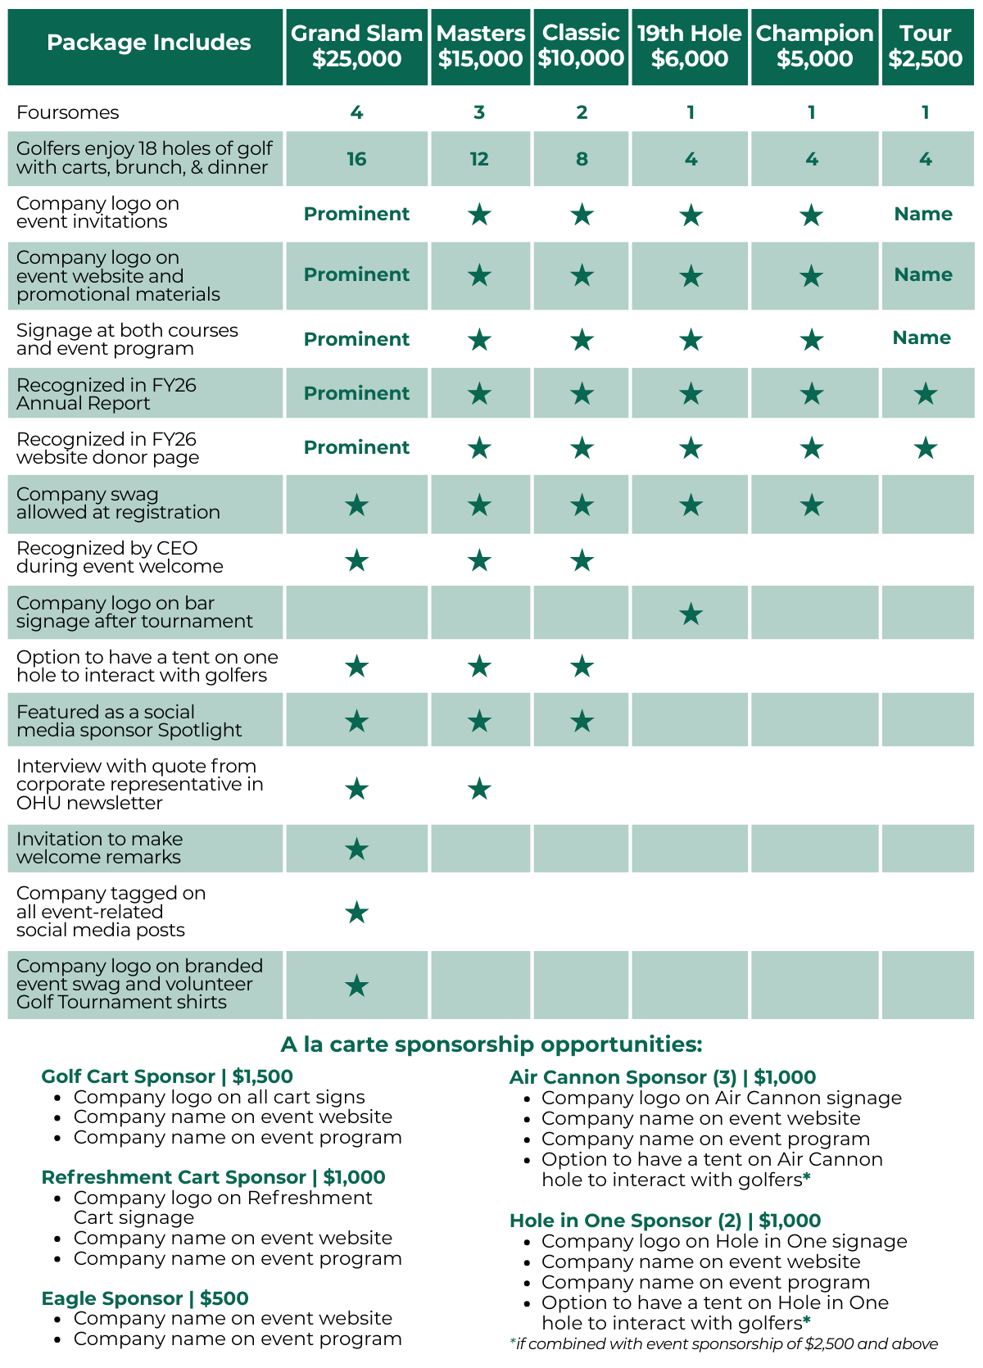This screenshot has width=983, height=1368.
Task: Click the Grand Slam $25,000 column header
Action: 356,46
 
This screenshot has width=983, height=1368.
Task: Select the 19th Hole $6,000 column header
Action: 690,46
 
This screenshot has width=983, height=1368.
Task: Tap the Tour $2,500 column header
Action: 926,46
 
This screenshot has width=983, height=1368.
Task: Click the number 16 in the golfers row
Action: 356,159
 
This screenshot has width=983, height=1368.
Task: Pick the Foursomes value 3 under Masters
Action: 479,112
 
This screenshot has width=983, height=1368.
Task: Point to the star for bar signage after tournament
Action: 691,614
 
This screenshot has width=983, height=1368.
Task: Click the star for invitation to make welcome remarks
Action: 356,849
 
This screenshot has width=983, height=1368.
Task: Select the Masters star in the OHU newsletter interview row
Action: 479,789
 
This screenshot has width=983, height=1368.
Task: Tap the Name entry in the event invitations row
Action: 923,214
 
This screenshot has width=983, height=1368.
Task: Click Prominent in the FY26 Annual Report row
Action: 356,393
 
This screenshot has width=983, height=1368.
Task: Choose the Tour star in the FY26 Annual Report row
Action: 926,394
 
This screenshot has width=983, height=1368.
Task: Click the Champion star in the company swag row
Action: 811,505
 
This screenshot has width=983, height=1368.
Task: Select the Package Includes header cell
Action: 148,43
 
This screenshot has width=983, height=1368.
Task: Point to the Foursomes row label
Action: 68,112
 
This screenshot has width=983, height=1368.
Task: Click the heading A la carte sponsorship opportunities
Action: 491,1044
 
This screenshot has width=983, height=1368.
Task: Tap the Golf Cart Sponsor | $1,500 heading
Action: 167,1076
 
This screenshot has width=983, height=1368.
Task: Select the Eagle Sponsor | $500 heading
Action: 145,1298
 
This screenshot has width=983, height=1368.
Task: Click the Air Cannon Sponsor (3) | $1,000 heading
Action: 663,1077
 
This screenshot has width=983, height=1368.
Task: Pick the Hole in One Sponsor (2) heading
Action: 665,1221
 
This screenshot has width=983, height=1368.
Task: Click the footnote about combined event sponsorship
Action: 723,1343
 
